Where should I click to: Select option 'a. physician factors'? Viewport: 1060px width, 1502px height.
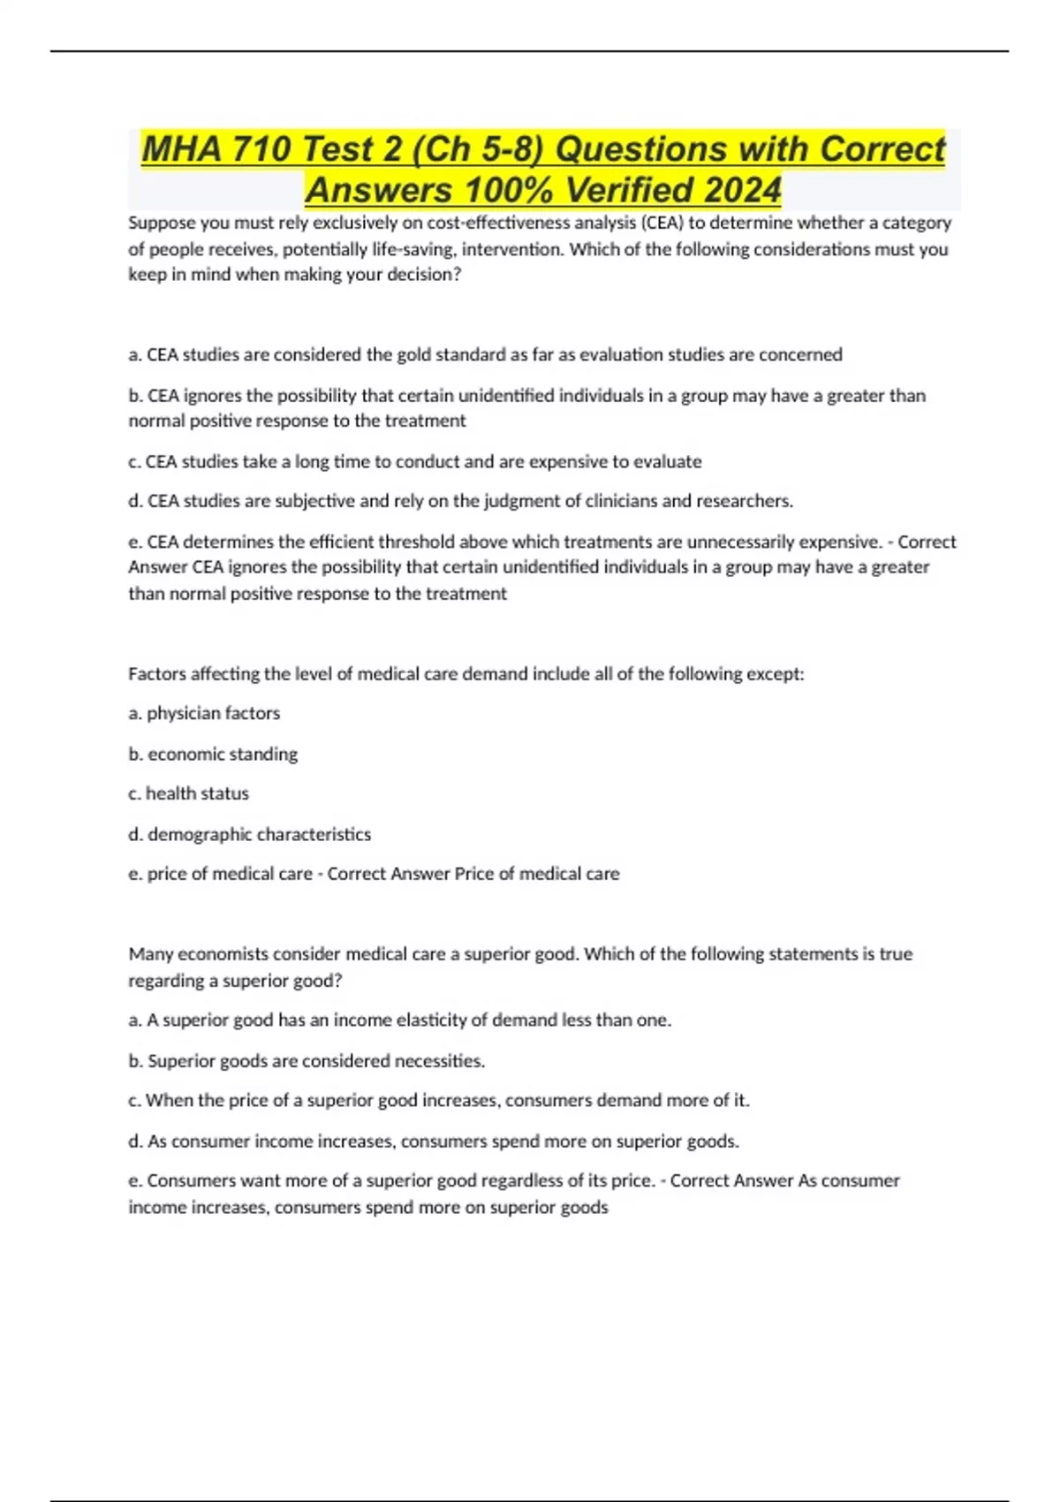204,713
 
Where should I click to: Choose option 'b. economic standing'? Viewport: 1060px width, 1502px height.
213,754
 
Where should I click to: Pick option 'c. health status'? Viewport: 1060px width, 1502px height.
188,793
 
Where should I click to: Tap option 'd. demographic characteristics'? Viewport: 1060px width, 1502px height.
249,834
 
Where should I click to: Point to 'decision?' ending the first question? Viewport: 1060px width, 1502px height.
424,275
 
